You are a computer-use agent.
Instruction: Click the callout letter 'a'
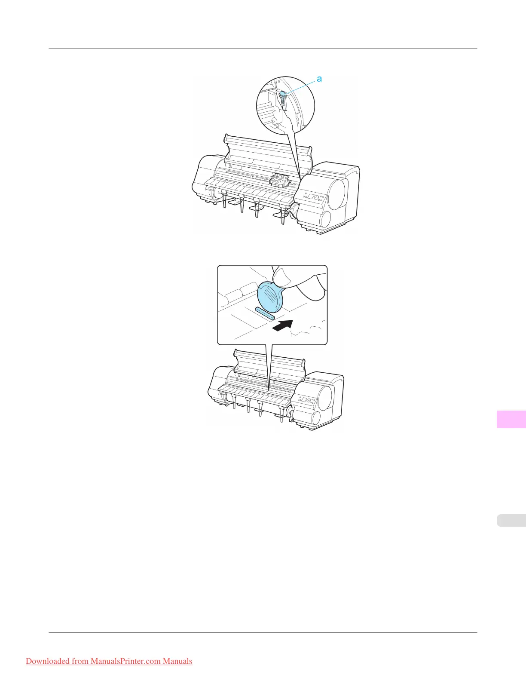tap(319, 79)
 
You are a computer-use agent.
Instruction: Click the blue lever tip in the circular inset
tap(283, 95)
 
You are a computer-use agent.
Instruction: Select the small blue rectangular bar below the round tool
tap(265, 313)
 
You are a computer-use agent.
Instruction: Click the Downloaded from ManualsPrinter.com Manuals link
tap(109, 661)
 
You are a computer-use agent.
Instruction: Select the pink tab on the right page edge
tap(511, 419)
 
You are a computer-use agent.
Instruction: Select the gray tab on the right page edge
tap(511, 520)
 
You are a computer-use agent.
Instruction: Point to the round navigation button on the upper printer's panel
tap(317, 198)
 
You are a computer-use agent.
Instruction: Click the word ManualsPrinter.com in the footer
tap(125, 661)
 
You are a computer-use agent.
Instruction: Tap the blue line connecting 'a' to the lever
tap(301, 86)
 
